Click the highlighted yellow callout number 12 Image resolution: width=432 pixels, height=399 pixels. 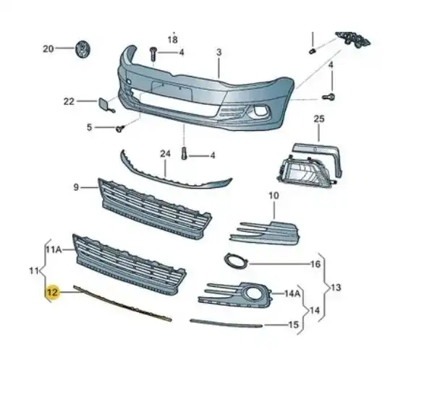pyautogui.click(x=52, y=292)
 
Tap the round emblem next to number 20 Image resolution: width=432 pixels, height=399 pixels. pyautogui.click(x=83, y=49)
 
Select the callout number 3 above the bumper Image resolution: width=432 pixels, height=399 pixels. pyautogui.click(x=219, y=52)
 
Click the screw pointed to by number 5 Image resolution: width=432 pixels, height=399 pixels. pyautogui.click(x=120, y=128)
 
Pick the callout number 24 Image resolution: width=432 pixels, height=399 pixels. pyautogui.click(x=165, y=154)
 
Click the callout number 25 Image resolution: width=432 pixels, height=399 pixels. pyautogui.click(x=319, y=119)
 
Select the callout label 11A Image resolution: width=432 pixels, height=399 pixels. pyautogui.click(x=53, y=249)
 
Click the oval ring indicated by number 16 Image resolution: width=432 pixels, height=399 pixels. pyautogui.click(x=236, y=261)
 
